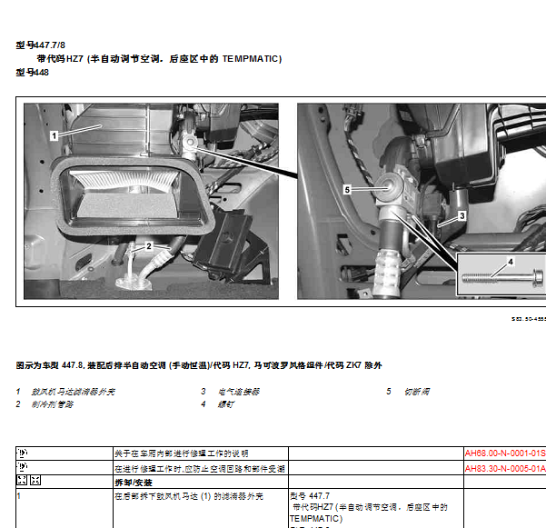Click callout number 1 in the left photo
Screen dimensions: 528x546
pos(55,134)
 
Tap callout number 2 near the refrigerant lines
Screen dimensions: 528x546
pos(148,245)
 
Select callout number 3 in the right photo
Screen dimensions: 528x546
pos(462,216)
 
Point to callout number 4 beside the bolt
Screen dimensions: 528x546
pos(510,261)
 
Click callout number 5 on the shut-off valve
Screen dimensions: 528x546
pos(346,189)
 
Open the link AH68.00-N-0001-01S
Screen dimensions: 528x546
pos(504,453)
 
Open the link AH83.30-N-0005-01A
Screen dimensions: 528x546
pos(504,468)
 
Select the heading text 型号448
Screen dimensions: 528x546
pos(32,73)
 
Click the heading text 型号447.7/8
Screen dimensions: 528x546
pos(41,44)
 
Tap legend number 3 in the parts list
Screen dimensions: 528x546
pos(204,392)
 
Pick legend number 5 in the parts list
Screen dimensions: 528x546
pos(388,392)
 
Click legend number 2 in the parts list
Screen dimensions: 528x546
pos(18,403)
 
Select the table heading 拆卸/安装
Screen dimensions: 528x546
pos(130,482)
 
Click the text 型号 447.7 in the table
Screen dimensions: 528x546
pos(310,496)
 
